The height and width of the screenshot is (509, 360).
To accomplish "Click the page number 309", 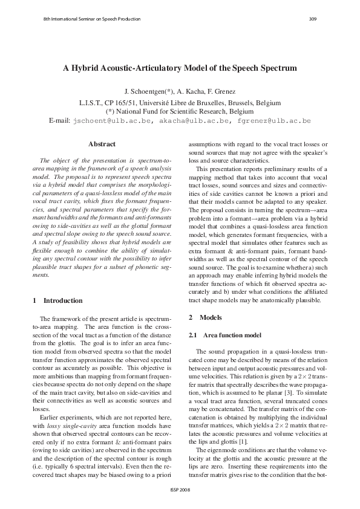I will [x=313, y=19].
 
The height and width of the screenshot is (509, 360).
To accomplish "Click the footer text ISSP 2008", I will [x=180, y=490].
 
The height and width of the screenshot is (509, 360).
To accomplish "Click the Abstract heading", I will [x=102, y=144].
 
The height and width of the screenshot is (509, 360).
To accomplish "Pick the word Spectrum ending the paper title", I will [x=275, y=69].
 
